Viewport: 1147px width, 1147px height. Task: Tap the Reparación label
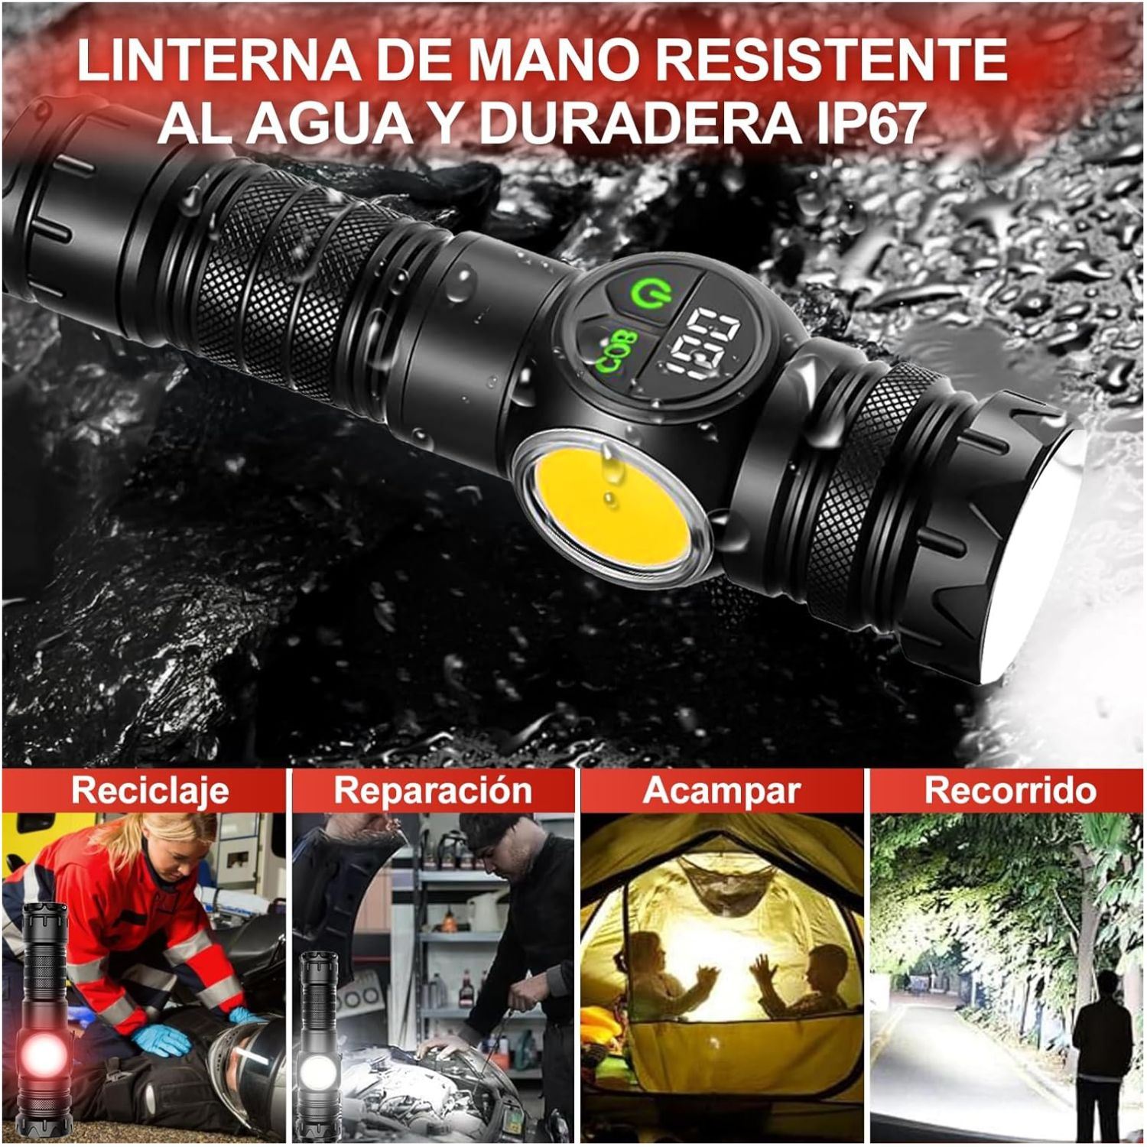pos(433,790)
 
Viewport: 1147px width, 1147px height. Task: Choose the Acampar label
pos(721,791)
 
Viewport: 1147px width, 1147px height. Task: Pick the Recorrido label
pos(1010,790)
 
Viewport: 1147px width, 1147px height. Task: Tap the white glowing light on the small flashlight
pos(319,1067)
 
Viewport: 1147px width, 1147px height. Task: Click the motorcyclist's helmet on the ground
pos(245,1063)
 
